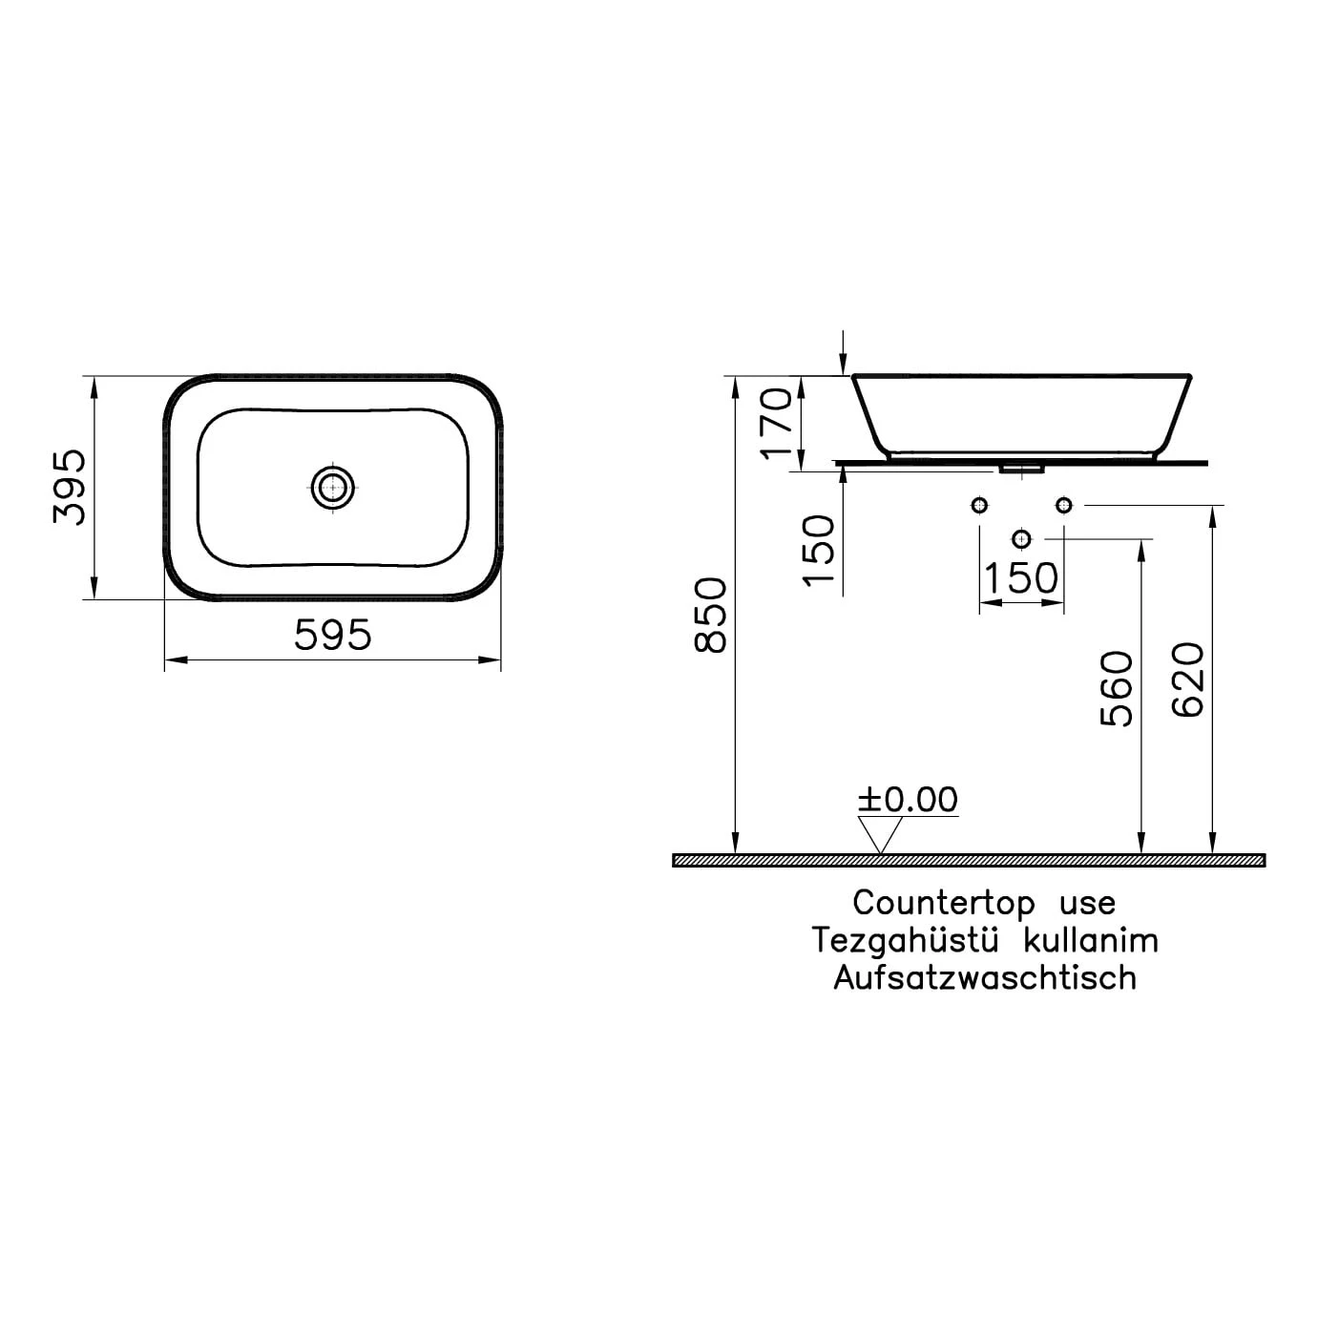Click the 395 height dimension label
coord(70,487)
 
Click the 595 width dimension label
coord(332,635)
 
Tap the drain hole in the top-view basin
coord(333,488)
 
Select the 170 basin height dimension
coord(775,423)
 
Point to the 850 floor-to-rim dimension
coord(710,615)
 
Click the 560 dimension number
coord(1117,688)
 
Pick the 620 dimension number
coord(1187,680)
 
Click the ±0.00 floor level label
coord(908,800)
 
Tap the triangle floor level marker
coord(880,835)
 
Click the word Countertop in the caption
coord(944,904)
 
